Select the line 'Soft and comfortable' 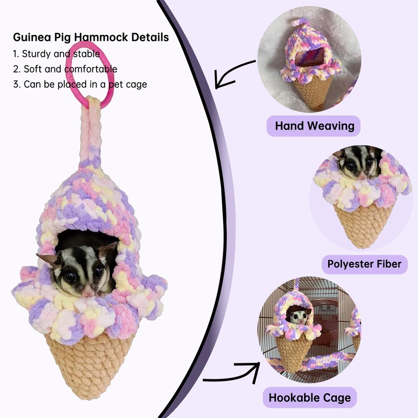[x=65, y=69]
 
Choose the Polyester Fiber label [x=364, y=264]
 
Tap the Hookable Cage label [x=310, y=398]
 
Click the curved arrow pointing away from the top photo [x=233, y=74]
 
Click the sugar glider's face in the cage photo [x=298, y=317]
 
